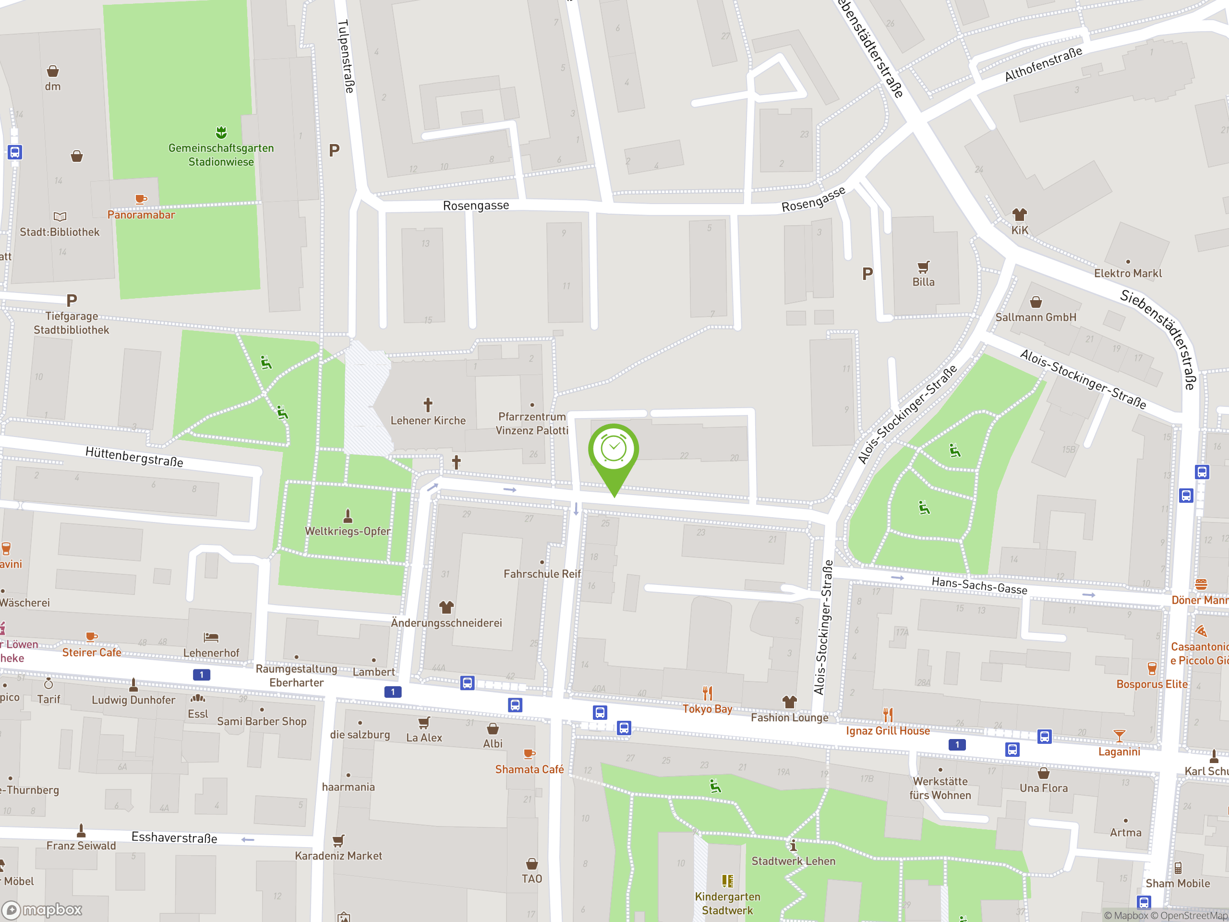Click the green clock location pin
click(614, 450)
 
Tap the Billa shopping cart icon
click(923, 267)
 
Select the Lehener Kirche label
click(428, 421)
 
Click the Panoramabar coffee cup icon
click(141, 199)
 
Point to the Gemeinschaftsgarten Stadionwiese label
click(221, 155)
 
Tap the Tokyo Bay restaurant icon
click(707, 693)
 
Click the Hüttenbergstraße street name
click(134, 457)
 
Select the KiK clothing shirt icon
click(1019, 215)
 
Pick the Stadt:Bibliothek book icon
click(60, 217)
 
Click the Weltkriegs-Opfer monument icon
click(348, 516)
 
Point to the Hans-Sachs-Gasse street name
click(979, 586)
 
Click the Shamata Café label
click(529, 769)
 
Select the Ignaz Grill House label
click(887, 731)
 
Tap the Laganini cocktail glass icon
click(1119, 736)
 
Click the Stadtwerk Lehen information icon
click(794, 846)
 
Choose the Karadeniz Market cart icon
click(338, 840)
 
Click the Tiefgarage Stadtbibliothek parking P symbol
click(72, 301)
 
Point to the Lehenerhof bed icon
click(211, 637)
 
